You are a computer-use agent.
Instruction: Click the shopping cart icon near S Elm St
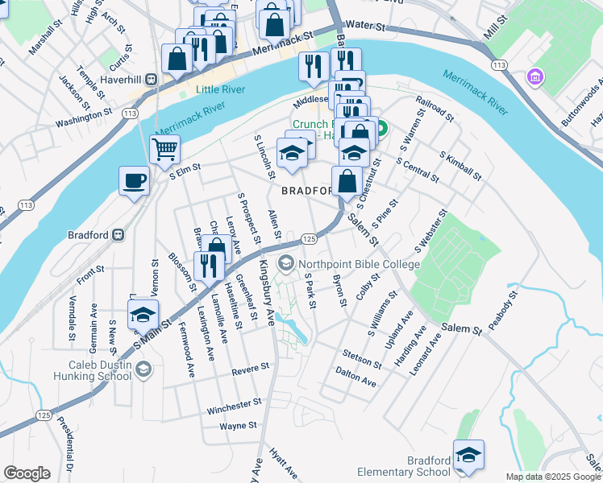pyautogui.click(x=164, y=148)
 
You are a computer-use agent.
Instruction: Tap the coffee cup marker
pyautogui.click(x=134, y=180)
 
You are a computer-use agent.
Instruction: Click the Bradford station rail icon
pyautogui.click(x=118, y=235)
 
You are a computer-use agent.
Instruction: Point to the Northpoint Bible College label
pyautogui.click(x=359, y=264)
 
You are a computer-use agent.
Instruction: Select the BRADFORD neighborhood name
pyautogui.click(x=306, y=191)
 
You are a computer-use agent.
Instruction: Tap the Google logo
pyautogui.click(x=27, y=473)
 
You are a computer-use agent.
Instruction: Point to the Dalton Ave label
pyautogui.click(x=356, y=378)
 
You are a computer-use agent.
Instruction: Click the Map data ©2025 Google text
pyautogui.click(x=553, y=477)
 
